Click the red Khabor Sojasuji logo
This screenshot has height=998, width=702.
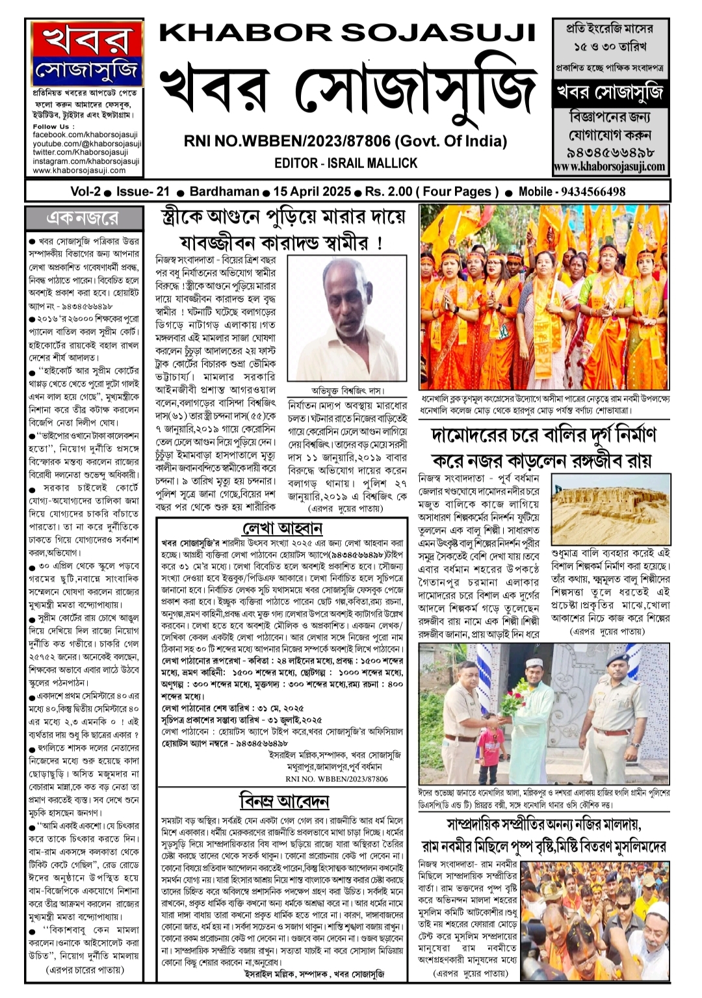coord(86,54)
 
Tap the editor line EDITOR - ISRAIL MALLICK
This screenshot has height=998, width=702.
coord(345,163)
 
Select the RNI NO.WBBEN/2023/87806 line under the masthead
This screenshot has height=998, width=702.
coord(345,140)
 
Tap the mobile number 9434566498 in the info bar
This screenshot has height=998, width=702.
coord(590,192)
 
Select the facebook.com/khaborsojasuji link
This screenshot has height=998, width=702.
coord(85,135)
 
